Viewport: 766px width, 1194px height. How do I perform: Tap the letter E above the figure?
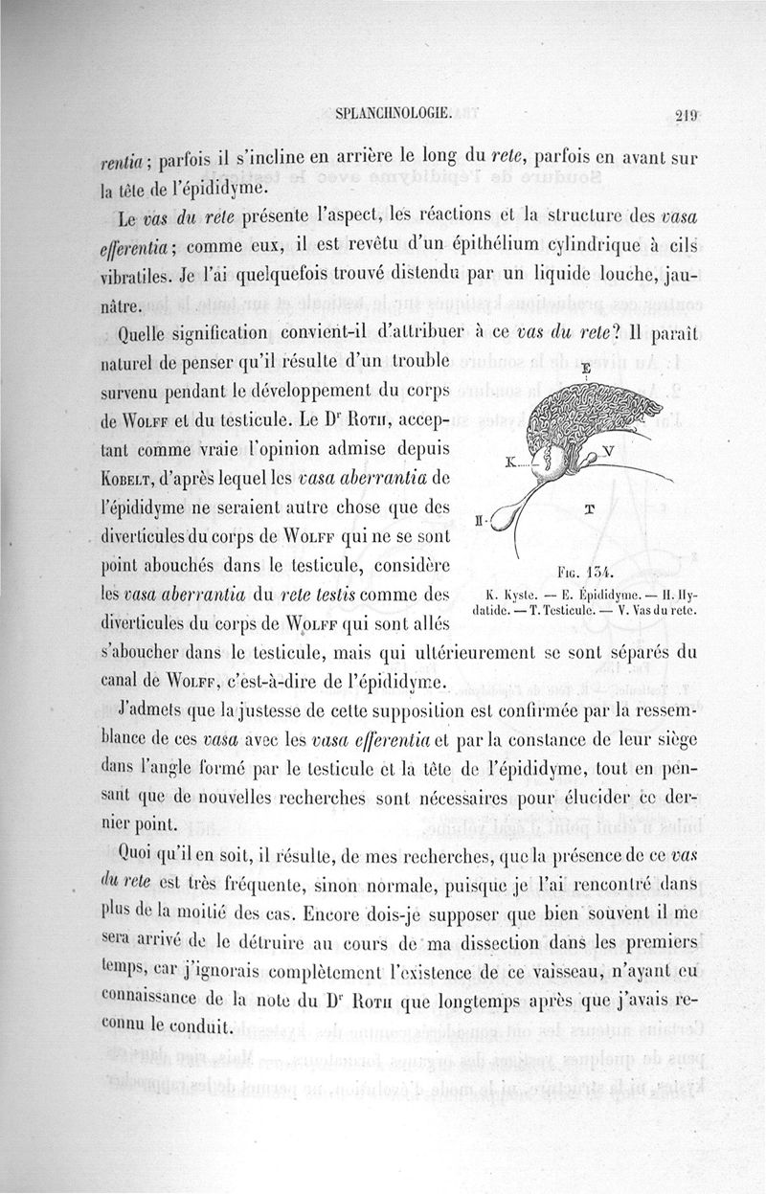[x=585, y=368]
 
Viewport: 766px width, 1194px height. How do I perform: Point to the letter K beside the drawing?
[x=511, y=462]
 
